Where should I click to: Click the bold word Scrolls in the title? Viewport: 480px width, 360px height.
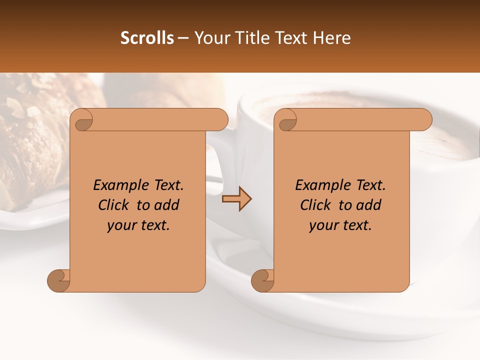(147, 38)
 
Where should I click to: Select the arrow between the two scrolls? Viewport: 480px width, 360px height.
(236, 199)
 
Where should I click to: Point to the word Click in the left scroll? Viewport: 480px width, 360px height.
(115, 205)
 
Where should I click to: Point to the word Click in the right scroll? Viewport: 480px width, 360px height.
(317, 205)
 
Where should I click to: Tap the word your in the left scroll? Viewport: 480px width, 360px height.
(121, 225)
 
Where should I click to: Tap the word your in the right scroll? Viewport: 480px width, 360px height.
(323, 225)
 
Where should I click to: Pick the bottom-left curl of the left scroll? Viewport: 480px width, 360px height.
(59, 280)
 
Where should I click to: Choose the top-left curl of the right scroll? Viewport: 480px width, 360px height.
(287, 120)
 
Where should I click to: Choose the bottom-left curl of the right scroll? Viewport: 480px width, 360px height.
(263, 280)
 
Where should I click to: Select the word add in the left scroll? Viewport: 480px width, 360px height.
(167, 205)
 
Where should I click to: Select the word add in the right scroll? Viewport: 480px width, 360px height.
(369, 205)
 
